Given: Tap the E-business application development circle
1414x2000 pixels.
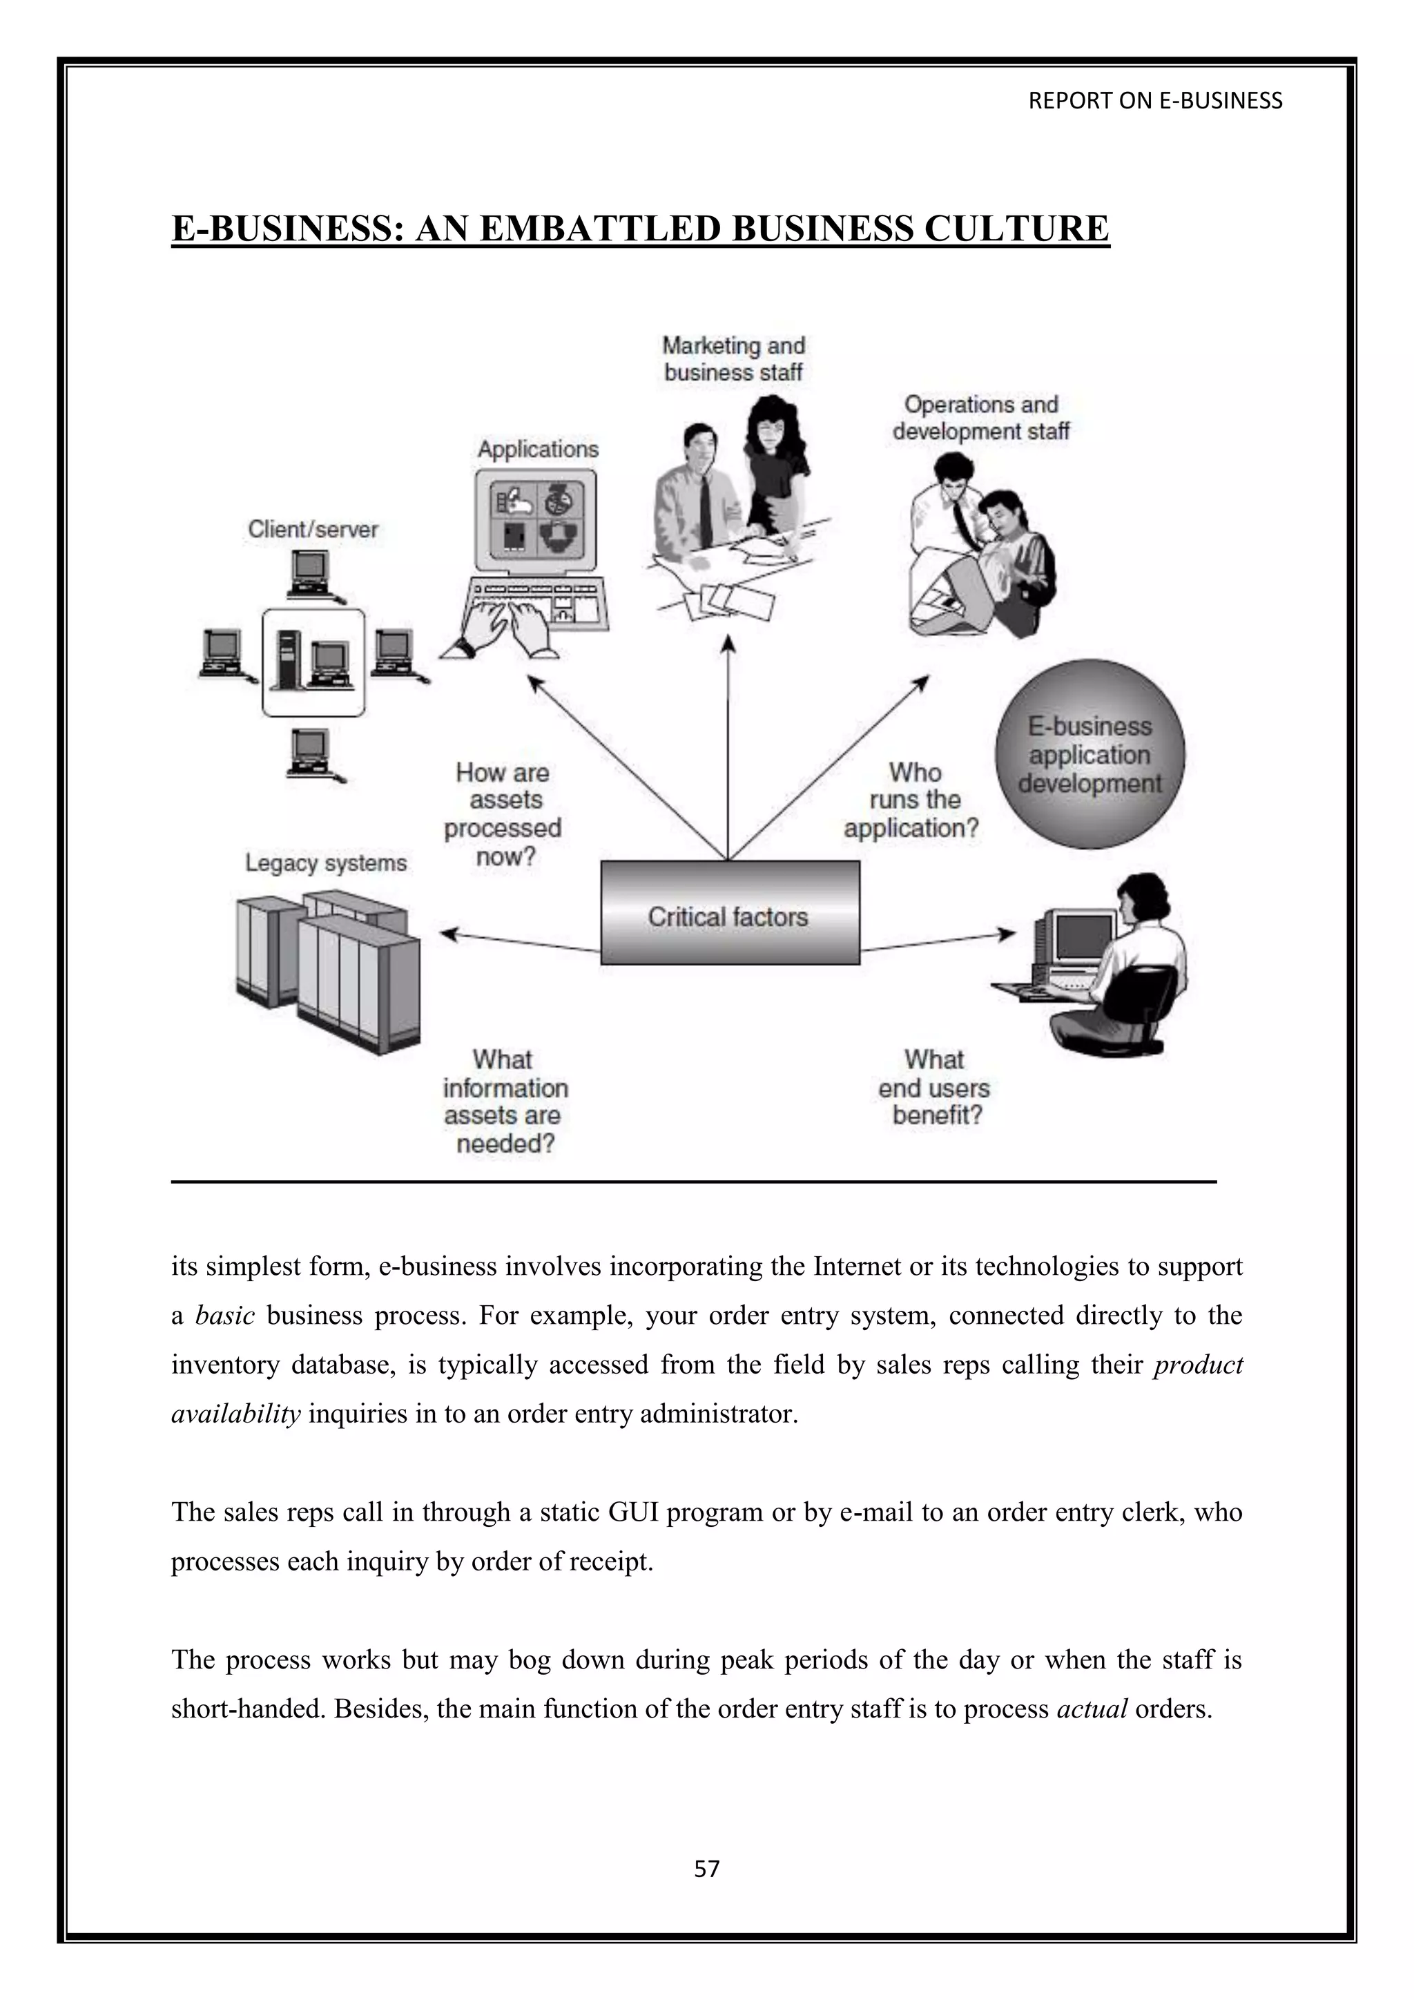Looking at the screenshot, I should pos(1089,754).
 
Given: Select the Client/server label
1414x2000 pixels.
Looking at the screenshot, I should pos(313,529).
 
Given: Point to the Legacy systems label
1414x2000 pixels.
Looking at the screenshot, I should pos(326,863).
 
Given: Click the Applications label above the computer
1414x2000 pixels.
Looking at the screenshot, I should pos(538,449).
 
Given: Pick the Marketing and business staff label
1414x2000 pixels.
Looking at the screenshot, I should pos(733,359).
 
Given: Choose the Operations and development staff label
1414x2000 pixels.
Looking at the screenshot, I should pos(980,417).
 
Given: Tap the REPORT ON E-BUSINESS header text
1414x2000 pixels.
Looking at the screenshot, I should pos(1154,101).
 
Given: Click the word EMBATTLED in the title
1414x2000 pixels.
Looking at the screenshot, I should pos(600,228).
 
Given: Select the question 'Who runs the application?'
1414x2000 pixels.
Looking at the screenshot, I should pos(911,800).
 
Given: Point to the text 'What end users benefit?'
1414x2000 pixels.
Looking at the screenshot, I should pos(935,1087).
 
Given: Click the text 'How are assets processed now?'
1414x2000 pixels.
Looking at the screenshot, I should pos(503,814).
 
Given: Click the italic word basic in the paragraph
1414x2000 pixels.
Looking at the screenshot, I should pos(224,1316).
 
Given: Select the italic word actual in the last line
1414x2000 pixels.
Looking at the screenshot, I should pos(1092,1709).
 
